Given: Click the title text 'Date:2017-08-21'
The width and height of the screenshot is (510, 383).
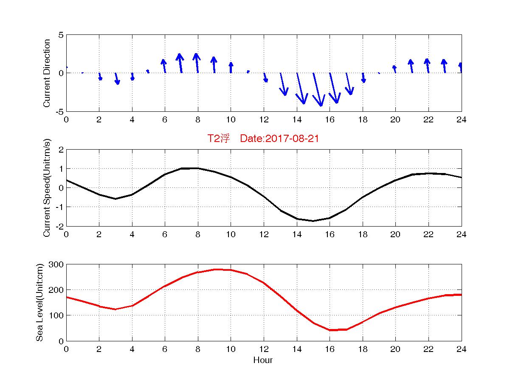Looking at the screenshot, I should [279, 138].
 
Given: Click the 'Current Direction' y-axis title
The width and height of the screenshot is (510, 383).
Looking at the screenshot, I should [47, 73].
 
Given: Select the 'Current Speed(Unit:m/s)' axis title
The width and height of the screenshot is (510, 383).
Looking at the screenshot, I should [47, 188].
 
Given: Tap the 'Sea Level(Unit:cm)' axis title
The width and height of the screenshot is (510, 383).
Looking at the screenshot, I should [39, 302].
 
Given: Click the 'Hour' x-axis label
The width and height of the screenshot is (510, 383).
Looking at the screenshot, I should [263, 360].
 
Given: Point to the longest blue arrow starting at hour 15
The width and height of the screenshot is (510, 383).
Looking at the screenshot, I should [317, 90].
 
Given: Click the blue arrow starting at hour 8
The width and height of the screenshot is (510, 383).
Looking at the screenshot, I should [197, 63].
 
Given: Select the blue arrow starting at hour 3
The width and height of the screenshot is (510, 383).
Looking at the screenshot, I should [117, 78].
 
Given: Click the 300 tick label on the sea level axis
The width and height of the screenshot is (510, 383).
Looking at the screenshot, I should [56, 264].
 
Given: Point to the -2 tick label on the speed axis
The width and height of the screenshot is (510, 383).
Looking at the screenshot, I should [59, 226].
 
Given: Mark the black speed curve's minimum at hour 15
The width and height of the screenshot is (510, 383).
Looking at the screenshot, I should [313, 221].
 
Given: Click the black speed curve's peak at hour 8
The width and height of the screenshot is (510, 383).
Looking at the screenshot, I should [197, 168].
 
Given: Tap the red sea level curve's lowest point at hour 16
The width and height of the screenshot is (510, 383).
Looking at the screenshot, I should [330, 330].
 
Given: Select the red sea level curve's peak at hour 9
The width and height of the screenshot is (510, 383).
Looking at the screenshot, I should [214, 270].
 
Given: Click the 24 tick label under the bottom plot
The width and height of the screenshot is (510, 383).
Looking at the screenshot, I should [461, 349].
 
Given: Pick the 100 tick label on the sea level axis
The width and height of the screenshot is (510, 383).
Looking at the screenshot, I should [56, 315].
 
